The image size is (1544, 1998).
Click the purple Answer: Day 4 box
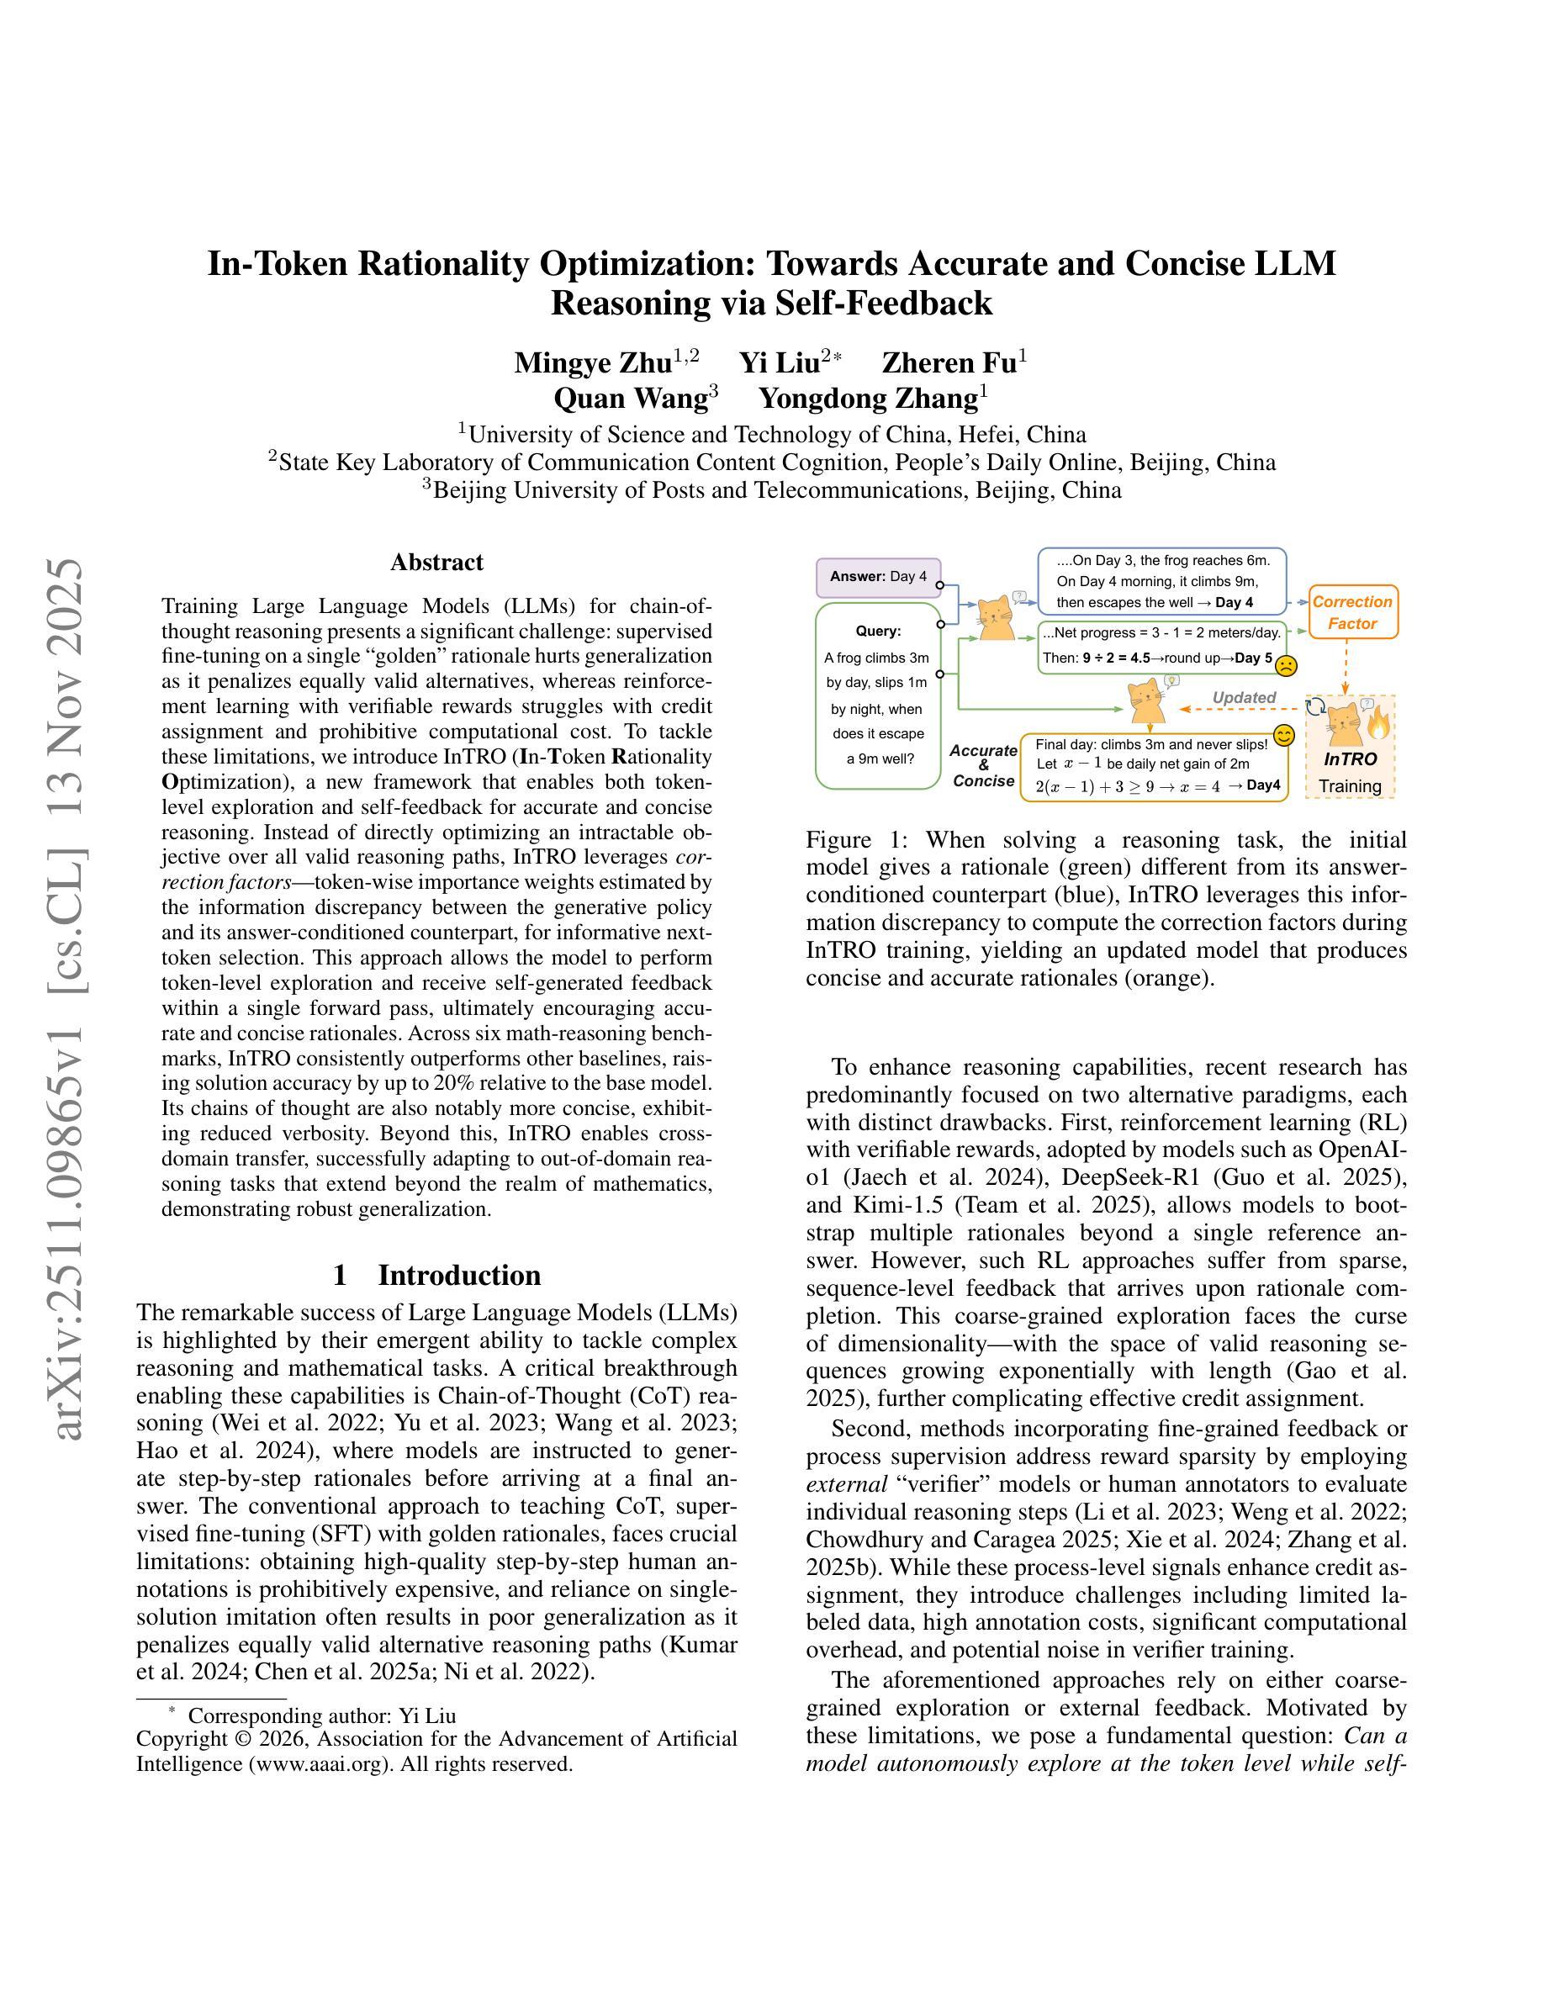pyautogui.click(x=878, y=576)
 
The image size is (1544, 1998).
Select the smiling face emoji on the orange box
pyautogui.click(x=1283, y=736)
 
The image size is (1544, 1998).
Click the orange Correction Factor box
pyautogui.click(x=1352, y=612)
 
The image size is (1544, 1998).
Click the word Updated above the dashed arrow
pyautogui.click(x=1243, y=697)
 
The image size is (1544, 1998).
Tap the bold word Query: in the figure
pyautogui.click(x=878, y=631)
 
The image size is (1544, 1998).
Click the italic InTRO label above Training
pyautogui.click(x=1350, y=758)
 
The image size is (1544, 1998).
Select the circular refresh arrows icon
pyautogui.click(x=1316, y=706)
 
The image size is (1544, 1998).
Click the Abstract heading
pyautogui.click(x=436, y=562)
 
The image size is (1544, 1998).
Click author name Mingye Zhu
pyautogui.click(x=593, y=362)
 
